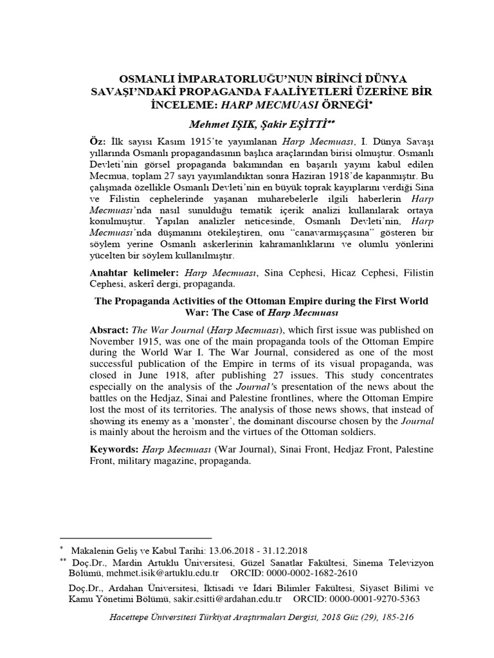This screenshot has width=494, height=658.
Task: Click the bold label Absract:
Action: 109,329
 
